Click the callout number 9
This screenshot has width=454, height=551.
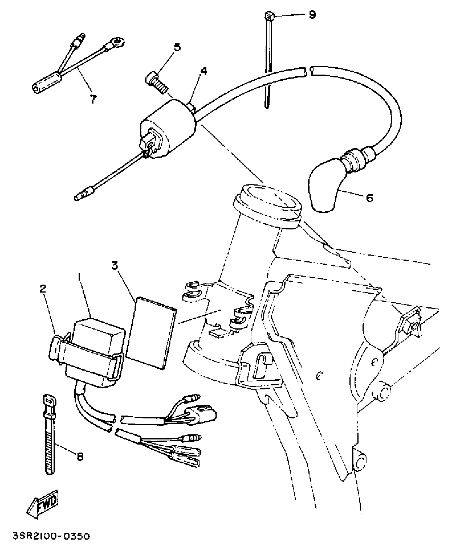pos(312,14)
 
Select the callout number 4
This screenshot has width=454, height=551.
pos(204,71)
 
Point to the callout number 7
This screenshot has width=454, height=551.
pos(93,99)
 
